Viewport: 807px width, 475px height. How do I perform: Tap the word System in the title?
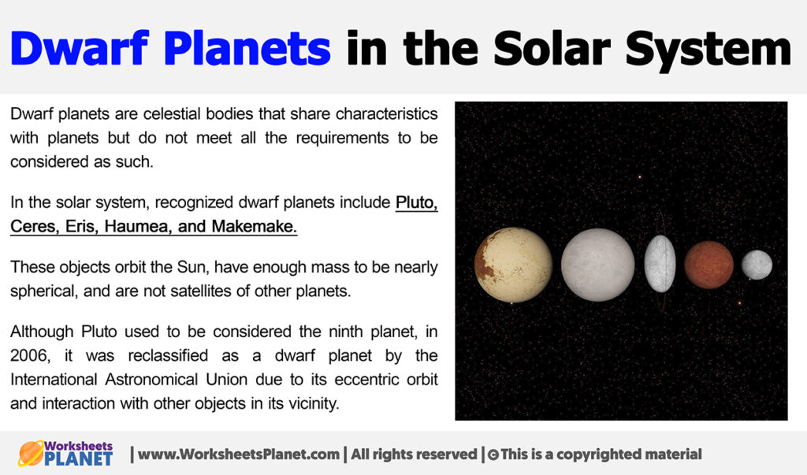pyautogui.click(x=720, y=49)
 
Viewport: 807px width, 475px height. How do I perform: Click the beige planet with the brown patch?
pyautogui.click(x=514, y=265)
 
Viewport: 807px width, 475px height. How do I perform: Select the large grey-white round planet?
pyautogui.click(x=597, y=265)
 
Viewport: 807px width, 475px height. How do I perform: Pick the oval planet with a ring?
pyautogui.click(x=660, y=263)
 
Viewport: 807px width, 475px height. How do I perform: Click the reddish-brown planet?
pyautogui.click(x=708, y=265)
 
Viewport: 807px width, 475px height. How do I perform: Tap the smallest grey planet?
pyautogui.click(x=757, y=265)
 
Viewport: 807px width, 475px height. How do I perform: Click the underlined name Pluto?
pyautogui.click(x=416, y=202)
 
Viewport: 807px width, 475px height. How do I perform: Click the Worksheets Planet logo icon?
pyautogui.click(x=31, y=453)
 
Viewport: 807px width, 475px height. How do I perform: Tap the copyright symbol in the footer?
pyautogui.click(x=493, y=455)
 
